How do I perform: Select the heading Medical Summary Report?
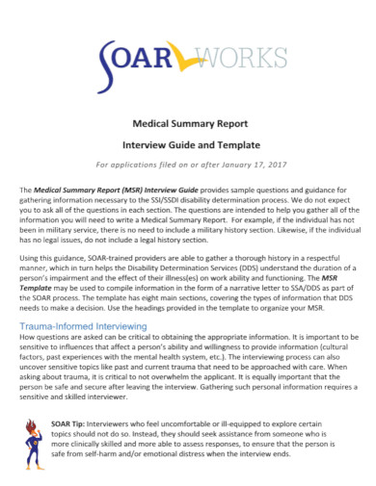pyautogui.click(x=188, y=123)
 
